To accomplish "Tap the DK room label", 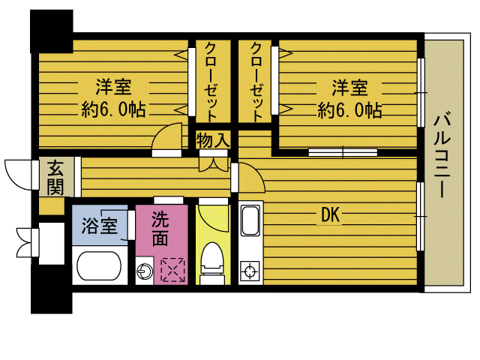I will tap(331, 216).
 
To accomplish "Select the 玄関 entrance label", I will tap(55, 178).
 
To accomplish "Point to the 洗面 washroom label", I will tap(160, 229).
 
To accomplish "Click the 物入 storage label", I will tap(213, 140).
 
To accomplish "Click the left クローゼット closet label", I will tap(210, 81).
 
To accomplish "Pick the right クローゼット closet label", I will tap(258, 81).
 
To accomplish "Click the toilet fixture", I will tap(213, 262).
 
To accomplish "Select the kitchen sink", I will tap(250, 221).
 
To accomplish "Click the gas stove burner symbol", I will tap(250, 270).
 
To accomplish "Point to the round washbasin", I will tap(145, 270).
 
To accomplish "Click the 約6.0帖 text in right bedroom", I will tap(350, 110).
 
